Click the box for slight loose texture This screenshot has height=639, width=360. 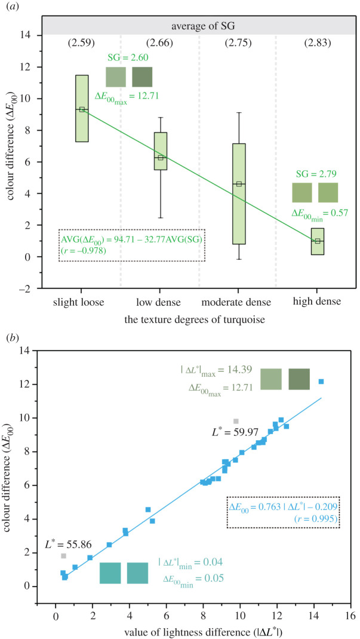(82, 108)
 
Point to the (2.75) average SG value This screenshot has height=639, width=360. (239, 43)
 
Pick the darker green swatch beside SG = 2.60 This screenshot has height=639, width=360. (142, 77)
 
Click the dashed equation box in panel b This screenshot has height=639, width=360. (284, 512)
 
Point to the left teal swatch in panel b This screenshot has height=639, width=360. (110, 573)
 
